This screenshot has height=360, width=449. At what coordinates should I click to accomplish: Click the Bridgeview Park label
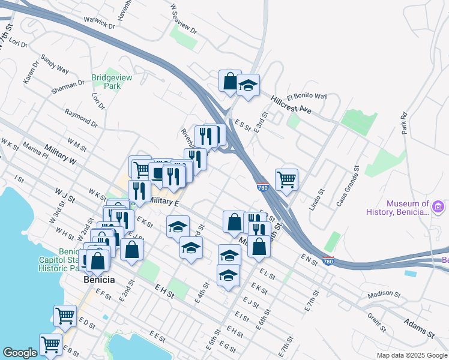coord(112,82)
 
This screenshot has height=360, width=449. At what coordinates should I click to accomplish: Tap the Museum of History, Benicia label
coord(399,208)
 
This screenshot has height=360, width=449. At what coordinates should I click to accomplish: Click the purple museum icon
coord(439,208)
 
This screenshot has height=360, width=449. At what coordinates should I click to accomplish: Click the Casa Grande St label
coord(347,186)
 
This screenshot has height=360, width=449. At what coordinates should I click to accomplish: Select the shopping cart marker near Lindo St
coord(287,179)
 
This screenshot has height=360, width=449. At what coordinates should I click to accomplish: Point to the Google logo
coord(20,353)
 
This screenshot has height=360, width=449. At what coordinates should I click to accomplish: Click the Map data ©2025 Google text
coord(411,355)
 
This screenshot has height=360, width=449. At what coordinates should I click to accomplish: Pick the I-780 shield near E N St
coord(328,261)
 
